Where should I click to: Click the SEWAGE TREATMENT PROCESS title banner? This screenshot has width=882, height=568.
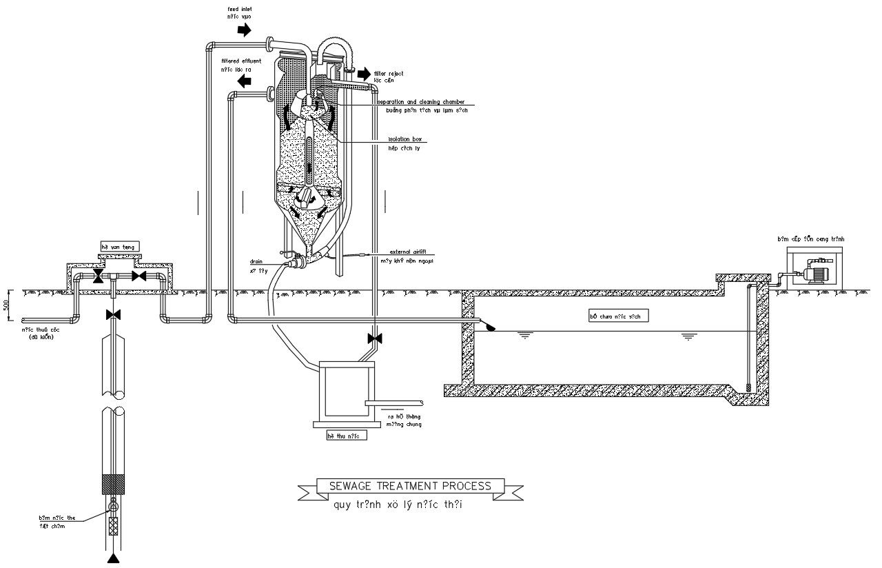click(x=410, y=486)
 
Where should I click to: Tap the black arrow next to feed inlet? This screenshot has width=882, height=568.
click(x=245, y=30)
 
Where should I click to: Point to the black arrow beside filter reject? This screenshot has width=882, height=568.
click(x=364, y=74)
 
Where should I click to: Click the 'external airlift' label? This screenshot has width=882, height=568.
click(x=408, y=252)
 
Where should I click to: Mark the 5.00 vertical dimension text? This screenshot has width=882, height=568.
click(x=6, y=306)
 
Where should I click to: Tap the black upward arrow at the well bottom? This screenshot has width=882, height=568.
click(x=112, y=557)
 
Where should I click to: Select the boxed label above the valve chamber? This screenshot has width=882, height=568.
click(x=121, y=246)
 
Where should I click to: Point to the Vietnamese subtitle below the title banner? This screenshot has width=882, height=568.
click(x=398, y=505)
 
